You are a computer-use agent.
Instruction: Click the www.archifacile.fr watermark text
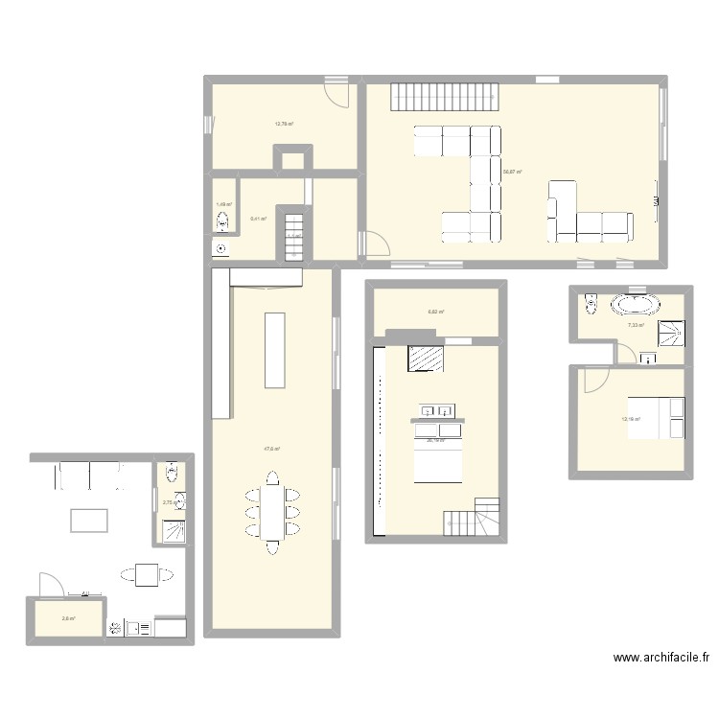[661, 659]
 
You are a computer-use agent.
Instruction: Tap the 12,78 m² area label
[284, 124]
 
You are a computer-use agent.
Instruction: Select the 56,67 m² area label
[511, 172]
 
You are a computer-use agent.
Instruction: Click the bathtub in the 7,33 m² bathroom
[636, 306]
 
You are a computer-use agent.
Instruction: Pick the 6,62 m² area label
[434, 312]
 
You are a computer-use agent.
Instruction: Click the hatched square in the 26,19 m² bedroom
[426, 357]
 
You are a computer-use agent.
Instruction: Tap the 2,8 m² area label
[68, 618]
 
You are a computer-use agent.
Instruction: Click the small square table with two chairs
[147, 575]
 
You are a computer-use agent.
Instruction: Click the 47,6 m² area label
[271, 448]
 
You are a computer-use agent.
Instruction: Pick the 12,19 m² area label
[631, 419]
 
